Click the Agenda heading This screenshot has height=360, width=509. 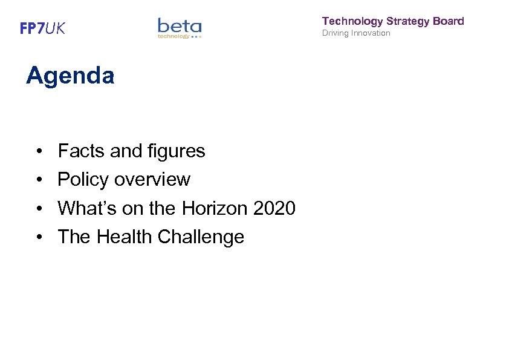(x=70, y=76)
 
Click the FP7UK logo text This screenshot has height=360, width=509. (x=42, y=28)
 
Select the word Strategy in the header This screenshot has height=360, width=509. (x=410, y=21)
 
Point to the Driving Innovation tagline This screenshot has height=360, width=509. (x=356, y=33)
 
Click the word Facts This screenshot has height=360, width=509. (x=82, y=151)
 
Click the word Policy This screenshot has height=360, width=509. (x=83, y=180)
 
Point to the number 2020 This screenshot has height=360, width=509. (x=274, y=208)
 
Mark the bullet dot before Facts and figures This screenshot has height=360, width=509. (x=38, y=151)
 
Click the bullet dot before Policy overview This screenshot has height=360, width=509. (x=38, y=180)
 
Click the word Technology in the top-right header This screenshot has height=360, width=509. (x=352, y=21)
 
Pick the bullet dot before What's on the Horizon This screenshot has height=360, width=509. (x=38, y=209)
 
